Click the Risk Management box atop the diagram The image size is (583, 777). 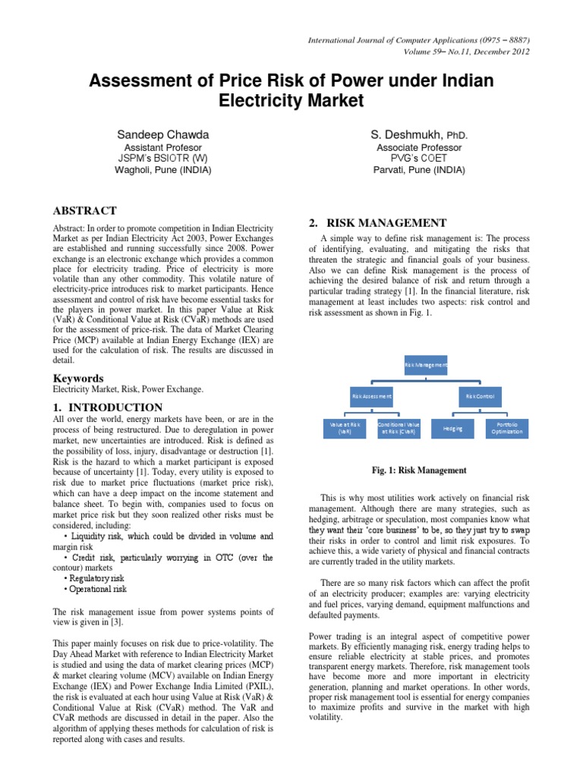point(426,365)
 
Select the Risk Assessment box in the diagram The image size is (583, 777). point(371,396)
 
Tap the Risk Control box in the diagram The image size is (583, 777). point(480,396)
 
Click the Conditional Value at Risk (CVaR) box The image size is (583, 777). point(399,428)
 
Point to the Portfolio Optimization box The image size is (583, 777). point(507,428)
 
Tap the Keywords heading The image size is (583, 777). point(77,378)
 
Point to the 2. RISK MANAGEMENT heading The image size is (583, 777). point(377,223)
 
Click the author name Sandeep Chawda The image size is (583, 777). point(162,134)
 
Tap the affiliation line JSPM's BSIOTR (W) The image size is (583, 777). point(162,159)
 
